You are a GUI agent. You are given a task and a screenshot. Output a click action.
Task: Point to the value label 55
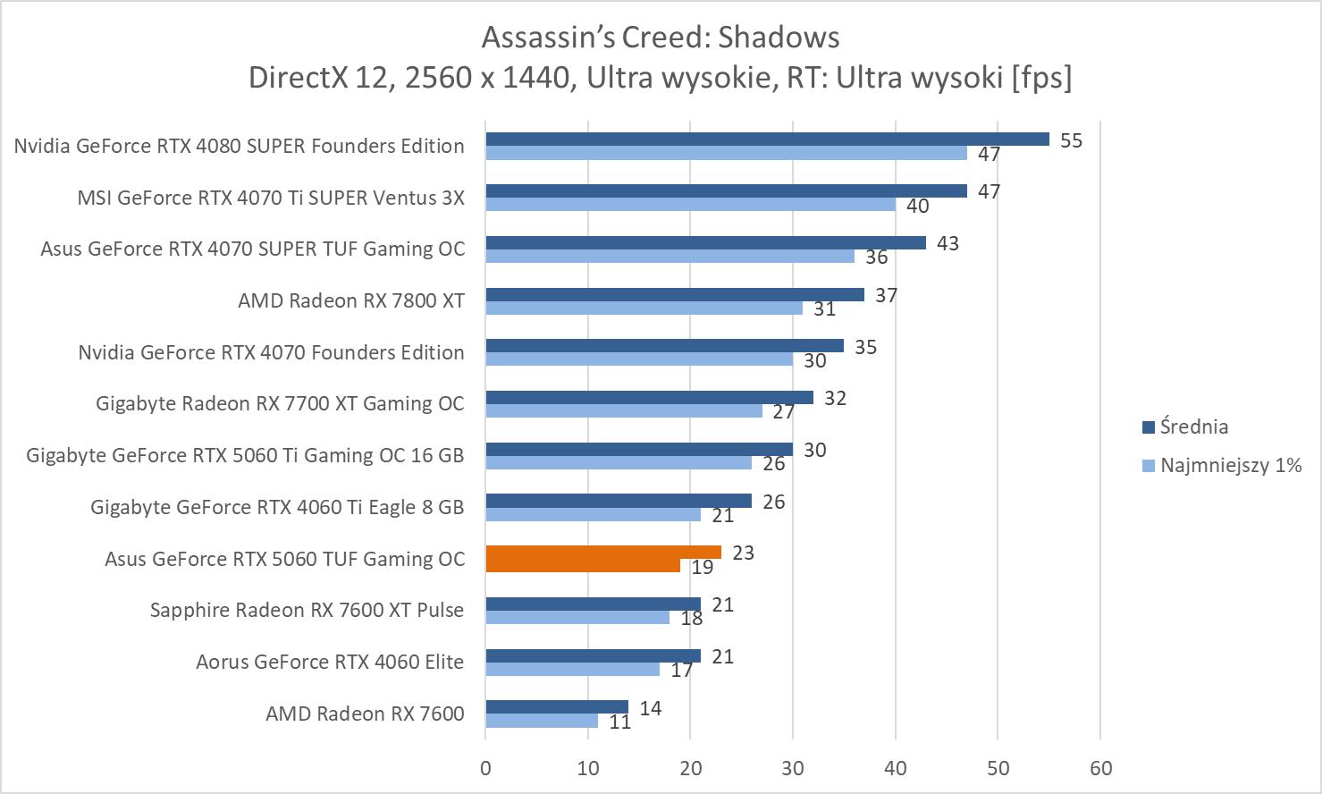click(1071, 140)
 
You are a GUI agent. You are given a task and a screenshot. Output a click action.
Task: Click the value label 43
click(947, 243)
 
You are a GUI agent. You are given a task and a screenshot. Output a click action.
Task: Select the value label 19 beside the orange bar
click(702, 567)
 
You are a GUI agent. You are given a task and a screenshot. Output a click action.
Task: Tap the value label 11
click(620, 722)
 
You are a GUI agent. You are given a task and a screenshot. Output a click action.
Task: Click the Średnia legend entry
click(1193, 427)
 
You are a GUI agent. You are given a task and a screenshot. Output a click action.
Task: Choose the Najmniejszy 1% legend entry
click(1230, 465)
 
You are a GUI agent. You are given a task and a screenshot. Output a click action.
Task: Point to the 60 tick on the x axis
click(1100, 768)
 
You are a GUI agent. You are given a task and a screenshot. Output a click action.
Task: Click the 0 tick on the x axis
click(485, 768)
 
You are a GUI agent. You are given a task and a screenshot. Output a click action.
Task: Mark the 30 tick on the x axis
click(793, 768)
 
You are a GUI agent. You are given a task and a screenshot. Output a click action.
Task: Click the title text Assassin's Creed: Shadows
click(661, 38)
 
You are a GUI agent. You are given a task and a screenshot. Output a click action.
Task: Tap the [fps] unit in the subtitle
click(1041, 78)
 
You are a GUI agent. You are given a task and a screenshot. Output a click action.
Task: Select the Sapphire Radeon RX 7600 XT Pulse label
click(307, 610)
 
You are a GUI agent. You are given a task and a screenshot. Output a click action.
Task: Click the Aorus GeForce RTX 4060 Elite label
click(330, 662)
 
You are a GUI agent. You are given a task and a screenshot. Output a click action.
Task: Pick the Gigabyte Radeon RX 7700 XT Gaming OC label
click(280, 403)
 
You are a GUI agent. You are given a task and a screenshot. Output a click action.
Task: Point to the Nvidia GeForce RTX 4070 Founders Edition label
click(271, 352)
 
